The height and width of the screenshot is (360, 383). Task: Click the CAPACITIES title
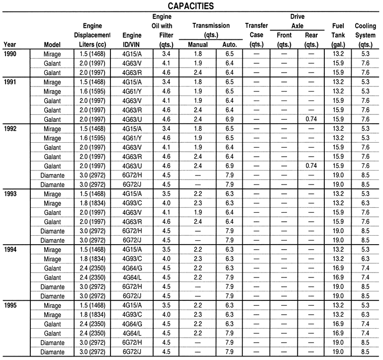tap(191, 6)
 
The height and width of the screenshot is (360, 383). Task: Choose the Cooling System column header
tap(366, 34)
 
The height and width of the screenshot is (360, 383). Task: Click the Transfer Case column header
tap(257, 34)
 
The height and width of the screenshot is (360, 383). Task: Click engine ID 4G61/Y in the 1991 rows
tap(131, 90)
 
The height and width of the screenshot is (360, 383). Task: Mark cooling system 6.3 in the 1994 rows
tap(366, 259)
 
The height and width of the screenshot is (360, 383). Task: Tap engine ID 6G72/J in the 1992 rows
tap(131, 184)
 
